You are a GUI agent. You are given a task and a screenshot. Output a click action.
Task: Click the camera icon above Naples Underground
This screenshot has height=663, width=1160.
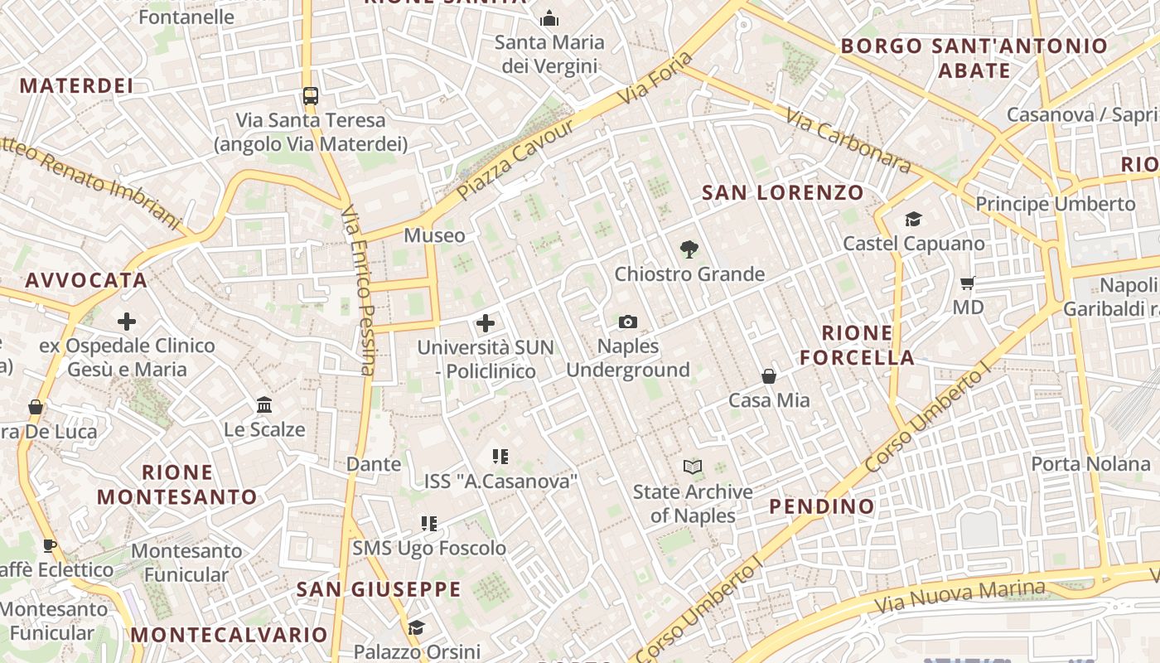coord(628,322)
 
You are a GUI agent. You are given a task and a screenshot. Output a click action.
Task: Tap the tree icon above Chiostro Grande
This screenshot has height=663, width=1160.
coord(689,249)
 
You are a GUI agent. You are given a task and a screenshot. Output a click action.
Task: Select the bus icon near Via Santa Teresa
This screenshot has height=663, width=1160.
coord(310,96)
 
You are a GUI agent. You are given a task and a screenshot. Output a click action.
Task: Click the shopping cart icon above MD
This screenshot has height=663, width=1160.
coord(967,283)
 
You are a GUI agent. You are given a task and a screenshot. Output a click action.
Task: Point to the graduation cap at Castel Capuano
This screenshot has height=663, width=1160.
coord(913,219)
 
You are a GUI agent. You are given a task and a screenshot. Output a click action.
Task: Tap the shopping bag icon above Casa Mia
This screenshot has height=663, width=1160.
coord(769,376)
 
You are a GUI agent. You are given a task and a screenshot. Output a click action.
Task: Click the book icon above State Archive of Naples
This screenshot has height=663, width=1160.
coord(693,467)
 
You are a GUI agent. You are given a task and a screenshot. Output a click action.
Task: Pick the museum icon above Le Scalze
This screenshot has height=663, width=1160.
coord(264,405)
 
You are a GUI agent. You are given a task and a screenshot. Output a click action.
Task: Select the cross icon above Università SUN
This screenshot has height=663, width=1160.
coord(486,323)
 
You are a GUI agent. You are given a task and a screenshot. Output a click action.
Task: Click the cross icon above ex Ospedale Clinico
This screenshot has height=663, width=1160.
coord(127,321)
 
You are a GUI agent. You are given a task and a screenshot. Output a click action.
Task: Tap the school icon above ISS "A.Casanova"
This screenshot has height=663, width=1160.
coord(500,456)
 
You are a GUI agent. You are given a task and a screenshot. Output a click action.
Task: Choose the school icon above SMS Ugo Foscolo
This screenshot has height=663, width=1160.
coord(428,524)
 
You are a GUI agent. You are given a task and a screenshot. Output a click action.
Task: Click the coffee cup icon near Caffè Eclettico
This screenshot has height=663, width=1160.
coord(49,545)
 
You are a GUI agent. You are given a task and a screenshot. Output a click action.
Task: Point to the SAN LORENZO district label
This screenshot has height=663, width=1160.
coord(782,193)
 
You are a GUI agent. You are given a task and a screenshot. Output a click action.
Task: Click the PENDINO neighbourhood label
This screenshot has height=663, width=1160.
coord(821,506)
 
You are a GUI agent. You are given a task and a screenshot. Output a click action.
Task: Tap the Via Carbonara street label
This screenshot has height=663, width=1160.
coord(848,143)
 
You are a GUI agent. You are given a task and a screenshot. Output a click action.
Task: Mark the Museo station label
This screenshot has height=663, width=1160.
coord(434,236)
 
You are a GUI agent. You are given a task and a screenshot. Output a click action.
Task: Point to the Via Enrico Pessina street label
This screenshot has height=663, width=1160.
coord(359,290)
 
